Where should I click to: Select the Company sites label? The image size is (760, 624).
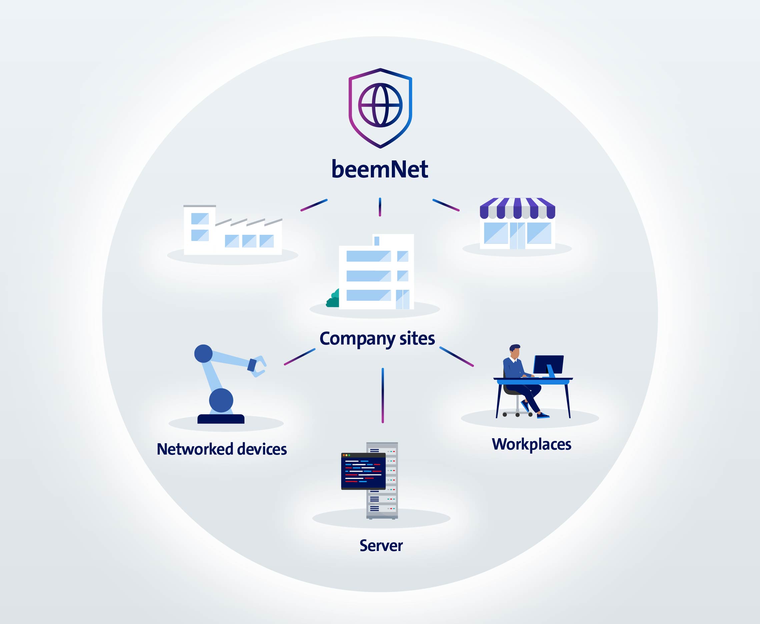[377, 339]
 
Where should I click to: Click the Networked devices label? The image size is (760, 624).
[222, 449]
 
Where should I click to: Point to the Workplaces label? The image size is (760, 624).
[532, 445]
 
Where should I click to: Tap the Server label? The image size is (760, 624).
[381, 546]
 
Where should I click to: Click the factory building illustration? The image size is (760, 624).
[233, 230]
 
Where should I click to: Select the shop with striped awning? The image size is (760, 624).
[518, 223]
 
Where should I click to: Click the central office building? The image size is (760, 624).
[376, 272]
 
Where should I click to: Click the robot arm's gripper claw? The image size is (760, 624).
[258, 366]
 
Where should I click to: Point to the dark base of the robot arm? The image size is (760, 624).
[221, 419]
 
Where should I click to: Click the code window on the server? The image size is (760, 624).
[363, 471]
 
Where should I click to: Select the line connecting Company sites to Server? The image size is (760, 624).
[383, 396]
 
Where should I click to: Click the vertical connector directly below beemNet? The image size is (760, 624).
[380, 207]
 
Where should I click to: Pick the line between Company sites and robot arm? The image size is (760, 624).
[300, 357]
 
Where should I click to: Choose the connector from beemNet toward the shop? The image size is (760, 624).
[446, 205]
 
